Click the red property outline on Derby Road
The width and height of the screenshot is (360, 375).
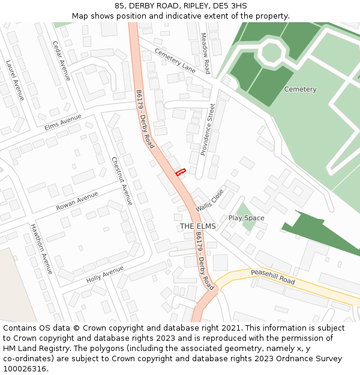tap(179, 172)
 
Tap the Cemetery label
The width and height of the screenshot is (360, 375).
tap(300, 89)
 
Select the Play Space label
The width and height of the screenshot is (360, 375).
tap(246, 218)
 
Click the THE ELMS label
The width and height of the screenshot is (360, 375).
tap(197, 226)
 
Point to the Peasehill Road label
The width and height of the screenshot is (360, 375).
tap(273, 277)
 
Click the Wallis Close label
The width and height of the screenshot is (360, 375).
tap(209, 200)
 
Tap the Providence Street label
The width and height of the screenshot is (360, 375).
tap(208, 130)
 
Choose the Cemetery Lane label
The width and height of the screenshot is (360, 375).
tap(175, 60)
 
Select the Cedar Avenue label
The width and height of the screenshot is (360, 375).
tap(62, 61)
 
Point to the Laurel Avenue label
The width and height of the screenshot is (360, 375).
tap(14, 80)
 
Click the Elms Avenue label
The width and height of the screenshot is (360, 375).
tap(62, 122)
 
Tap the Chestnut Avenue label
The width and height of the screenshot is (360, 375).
tap(122, 181)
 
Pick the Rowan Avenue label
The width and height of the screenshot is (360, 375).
tap(77, 201)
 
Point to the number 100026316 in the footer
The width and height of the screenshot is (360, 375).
tap(24, 368)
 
